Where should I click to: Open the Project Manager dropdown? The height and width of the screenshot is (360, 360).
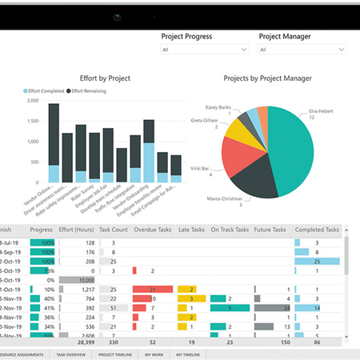coord(302,50)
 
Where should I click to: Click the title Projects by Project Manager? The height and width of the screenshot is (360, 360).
coord(269,78)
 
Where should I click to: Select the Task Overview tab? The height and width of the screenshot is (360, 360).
coord(72,354)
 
